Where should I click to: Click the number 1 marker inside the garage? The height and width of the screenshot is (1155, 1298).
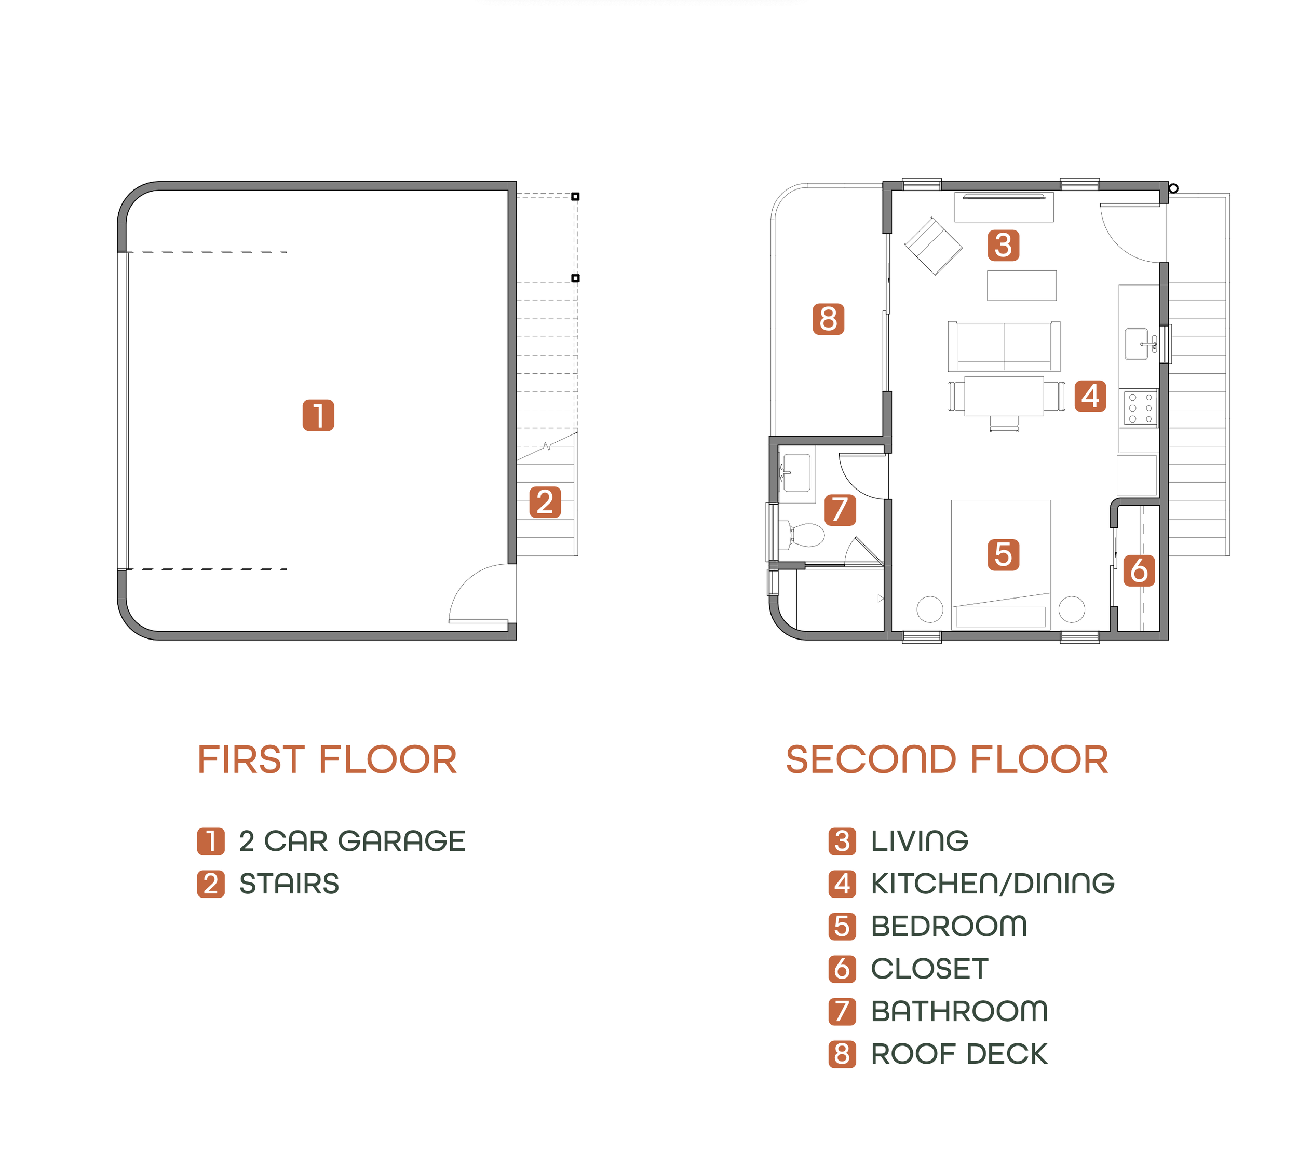point(318,415)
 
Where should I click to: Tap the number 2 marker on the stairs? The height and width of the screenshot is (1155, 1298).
point(545,502)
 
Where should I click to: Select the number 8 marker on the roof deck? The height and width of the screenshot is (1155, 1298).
point(828,319)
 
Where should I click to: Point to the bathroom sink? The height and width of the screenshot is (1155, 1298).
point(796,472)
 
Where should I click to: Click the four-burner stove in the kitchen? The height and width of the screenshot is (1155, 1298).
point(1141,407)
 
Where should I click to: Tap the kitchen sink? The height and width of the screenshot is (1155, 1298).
point(1137,344)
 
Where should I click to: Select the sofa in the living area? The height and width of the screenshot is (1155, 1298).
point(1004,346)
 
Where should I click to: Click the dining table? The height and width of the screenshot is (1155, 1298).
point(1004,397)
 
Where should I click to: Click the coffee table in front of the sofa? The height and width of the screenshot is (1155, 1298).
point(1022,286)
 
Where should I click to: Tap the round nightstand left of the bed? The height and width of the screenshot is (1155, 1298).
point(930,609)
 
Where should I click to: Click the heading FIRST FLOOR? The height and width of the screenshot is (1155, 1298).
point(327,759)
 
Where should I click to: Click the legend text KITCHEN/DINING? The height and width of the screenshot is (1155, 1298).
point(993,883)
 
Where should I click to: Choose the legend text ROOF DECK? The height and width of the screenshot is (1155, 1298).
point(959,1054)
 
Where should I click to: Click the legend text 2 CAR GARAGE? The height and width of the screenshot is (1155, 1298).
point(353,841)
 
